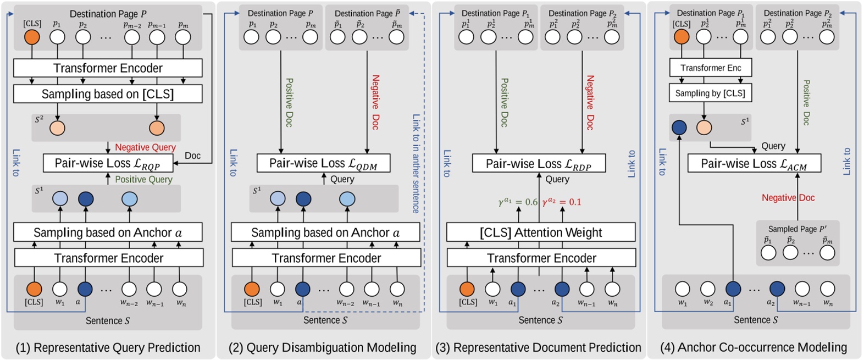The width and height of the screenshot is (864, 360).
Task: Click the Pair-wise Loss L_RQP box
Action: click(x=108, y=163)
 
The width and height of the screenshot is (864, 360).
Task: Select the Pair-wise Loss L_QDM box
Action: click(x=323, y=163)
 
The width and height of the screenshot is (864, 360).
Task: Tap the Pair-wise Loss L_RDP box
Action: click(x=539, y=164)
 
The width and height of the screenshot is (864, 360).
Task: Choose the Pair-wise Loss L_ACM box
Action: click(x=754, y=163)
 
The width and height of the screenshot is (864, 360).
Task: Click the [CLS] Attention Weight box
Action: click(x=541, y=232)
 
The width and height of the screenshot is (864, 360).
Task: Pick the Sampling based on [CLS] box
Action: click(x=108, y=94)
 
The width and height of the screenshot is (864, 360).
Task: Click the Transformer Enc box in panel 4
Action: click(x=710, y=68)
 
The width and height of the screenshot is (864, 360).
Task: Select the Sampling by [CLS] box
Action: click(x=710, y=93)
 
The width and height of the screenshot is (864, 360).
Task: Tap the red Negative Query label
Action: click(x=145, y=147)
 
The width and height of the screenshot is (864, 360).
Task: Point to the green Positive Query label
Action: click(x=143, y=179)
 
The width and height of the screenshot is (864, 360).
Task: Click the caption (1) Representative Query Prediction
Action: click(x=108, y=347)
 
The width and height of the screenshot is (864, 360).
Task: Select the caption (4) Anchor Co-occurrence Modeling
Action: click(x=754, y=347)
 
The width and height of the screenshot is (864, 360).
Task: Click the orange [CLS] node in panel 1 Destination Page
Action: click(x=32, y=37)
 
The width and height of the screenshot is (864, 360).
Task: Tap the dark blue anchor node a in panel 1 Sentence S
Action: click(x=85, y=289)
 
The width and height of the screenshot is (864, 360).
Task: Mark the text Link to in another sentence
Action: click(x=416, y=163)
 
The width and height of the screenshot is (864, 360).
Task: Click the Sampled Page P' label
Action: click(x=797, y=229)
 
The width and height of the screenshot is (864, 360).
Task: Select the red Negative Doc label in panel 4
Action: click(x=788, y=198)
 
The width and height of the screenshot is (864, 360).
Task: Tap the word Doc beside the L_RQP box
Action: click(x=192, y=156)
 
